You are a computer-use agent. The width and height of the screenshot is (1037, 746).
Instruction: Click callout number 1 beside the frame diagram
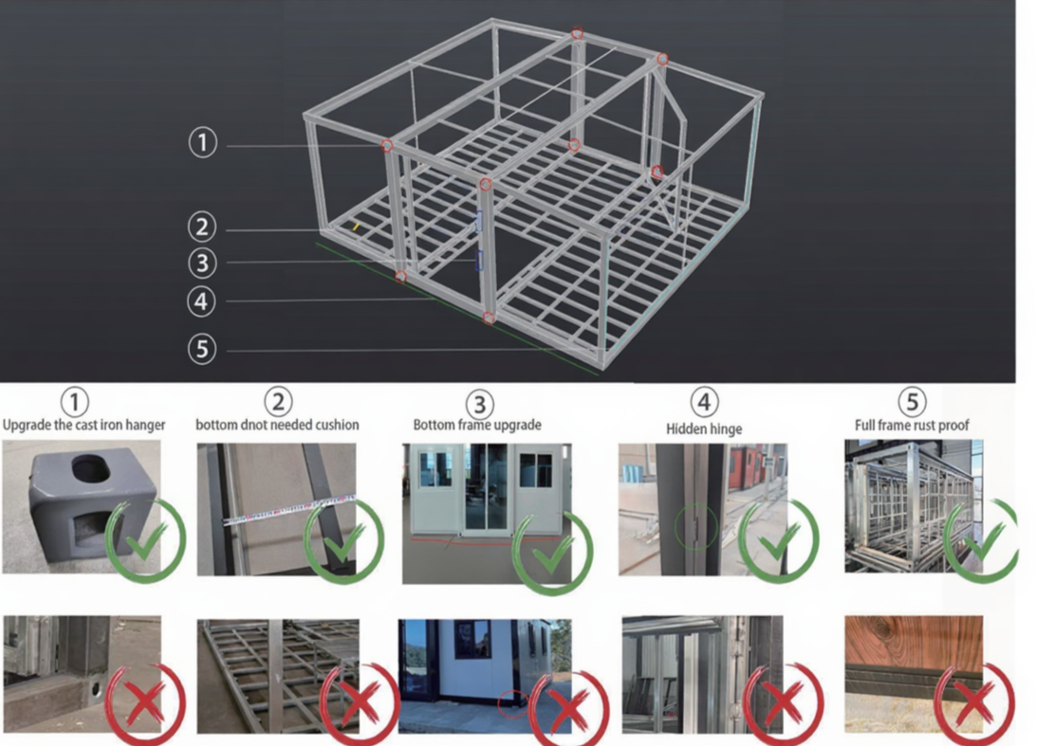[x=203, y=143]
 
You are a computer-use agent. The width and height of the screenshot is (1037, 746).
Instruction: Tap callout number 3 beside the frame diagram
[x=202, y=263]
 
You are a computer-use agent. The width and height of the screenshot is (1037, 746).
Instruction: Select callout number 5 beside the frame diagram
[x=202, y=349]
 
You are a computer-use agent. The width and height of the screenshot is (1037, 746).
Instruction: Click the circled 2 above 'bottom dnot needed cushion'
[x=278, y=402]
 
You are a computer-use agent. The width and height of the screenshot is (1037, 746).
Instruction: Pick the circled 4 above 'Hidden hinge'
[x=704, y=402]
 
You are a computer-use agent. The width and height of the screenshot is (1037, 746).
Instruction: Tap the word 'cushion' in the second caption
[x=335, y=425]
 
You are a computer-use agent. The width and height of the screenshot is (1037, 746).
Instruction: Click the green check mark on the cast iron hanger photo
[x=145, y=540]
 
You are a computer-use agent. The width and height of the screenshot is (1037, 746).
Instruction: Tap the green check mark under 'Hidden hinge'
[x=778, y=540]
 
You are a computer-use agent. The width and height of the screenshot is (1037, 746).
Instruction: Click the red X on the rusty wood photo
[x=973, y=703]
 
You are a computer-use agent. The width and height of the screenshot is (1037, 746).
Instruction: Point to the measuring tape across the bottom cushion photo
[x=289, y=511]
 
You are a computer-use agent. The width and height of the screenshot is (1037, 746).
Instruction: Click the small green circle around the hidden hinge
[x=695, y=527]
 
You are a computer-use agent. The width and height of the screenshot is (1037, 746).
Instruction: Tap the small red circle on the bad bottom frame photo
[x=512, y=703]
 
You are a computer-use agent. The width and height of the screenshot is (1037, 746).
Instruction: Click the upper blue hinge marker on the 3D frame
[x=479, y=222]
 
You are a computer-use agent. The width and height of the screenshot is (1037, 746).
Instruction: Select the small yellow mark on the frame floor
[x=356, y=227]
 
